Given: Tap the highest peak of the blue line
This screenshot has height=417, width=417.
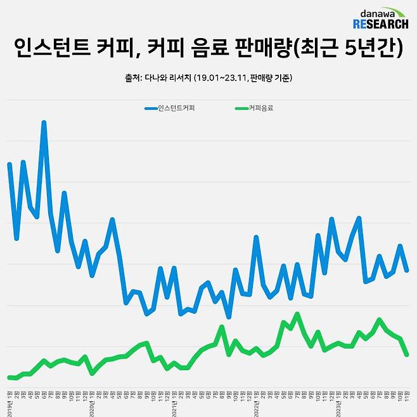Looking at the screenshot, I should pos(44,122).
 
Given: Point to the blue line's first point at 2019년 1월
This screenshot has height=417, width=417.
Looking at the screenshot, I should pos(10,164).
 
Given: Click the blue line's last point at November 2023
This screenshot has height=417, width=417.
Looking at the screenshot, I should pos(407,271).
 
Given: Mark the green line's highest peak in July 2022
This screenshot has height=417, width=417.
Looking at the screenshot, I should pos(297,314).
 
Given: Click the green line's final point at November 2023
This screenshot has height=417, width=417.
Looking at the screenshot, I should pos(407,355).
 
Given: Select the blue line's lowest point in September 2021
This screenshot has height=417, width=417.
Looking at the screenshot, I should pos(228,317).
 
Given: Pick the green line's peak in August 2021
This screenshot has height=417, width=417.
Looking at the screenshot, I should pos(221,327).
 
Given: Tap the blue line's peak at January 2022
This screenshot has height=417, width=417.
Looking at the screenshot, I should pos(255,238).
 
